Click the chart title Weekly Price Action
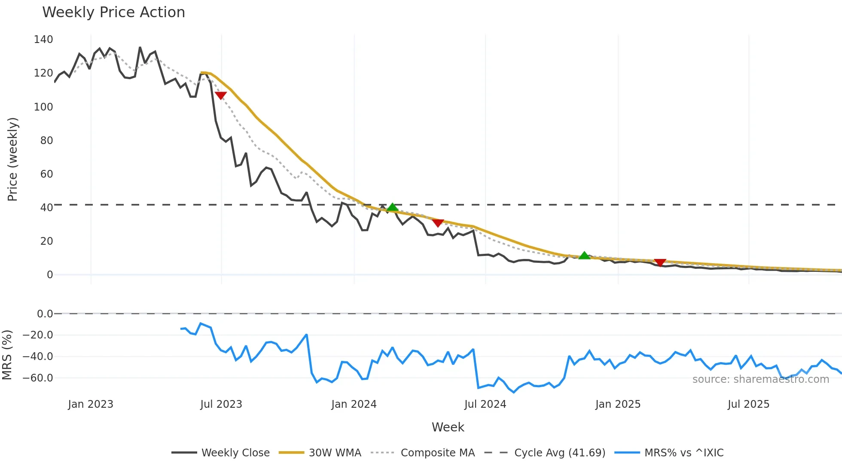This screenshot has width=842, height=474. click(113, 12)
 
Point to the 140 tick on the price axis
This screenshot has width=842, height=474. click(43, 40)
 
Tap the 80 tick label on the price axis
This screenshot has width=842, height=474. click(46, 140)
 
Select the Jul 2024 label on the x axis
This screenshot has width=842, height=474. click(485, 404)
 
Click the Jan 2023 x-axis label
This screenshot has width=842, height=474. click(91, 404)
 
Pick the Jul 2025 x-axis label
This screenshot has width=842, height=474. click(748, 404)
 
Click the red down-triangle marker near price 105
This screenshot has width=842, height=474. click(220, 95)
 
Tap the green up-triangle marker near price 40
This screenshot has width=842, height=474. click(392, 207)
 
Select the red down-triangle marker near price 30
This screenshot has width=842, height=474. click(438, 223)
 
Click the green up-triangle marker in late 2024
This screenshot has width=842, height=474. click(584, 255)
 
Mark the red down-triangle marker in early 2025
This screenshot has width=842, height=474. click(660, 262)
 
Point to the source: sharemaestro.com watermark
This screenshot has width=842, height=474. click(760, 379)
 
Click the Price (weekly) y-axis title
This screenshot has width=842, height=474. click(12, 159)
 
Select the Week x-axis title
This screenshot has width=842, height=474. click(448, 427)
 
